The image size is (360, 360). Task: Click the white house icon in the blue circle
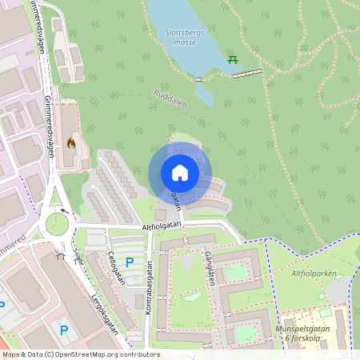point(179,173)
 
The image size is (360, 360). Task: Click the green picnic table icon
point(233,59)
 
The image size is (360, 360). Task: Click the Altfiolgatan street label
point(162,227)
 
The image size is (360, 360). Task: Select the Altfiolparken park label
point(313,273)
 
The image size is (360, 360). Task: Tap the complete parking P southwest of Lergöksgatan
point(64,329)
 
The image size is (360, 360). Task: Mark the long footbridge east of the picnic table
point(248,74)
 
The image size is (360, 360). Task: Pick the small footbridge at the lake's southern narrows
point(198,79)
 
